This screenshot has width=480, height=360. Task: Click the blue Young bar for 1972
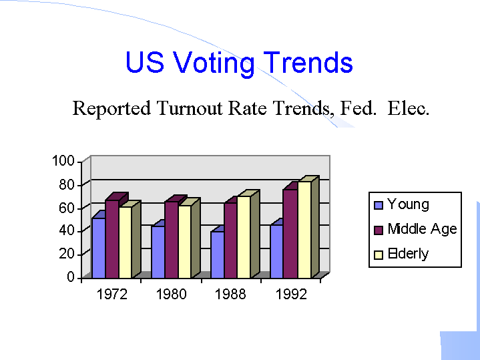(98, 247)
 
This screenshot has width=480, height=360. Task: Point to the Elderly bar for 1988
(244, 236)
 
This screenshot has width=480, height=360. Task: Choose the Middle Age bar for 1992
(290, 233)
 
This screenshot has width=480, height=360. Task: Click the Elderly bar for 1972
(125, 242)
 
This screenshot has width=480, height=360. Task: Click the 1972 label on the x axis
(111, 295)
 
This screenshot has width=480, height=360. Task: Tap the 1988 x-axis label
(230, 295)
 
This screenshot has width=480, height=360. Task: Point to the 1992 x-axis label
(290, 295)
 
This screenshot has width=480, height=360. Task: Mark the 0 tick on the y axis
(70, 277)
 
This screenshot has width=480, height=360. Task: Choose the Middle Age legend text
(422, 229)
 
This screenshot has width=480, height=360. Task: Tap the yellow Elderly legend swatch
(378, 254)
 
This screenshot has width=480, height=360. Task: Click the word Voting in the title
(214, 63)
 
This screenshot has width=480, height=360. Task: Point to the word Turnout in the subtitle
(191, 108)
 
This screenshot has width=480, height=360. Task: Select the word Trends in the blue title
(308, 63)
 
